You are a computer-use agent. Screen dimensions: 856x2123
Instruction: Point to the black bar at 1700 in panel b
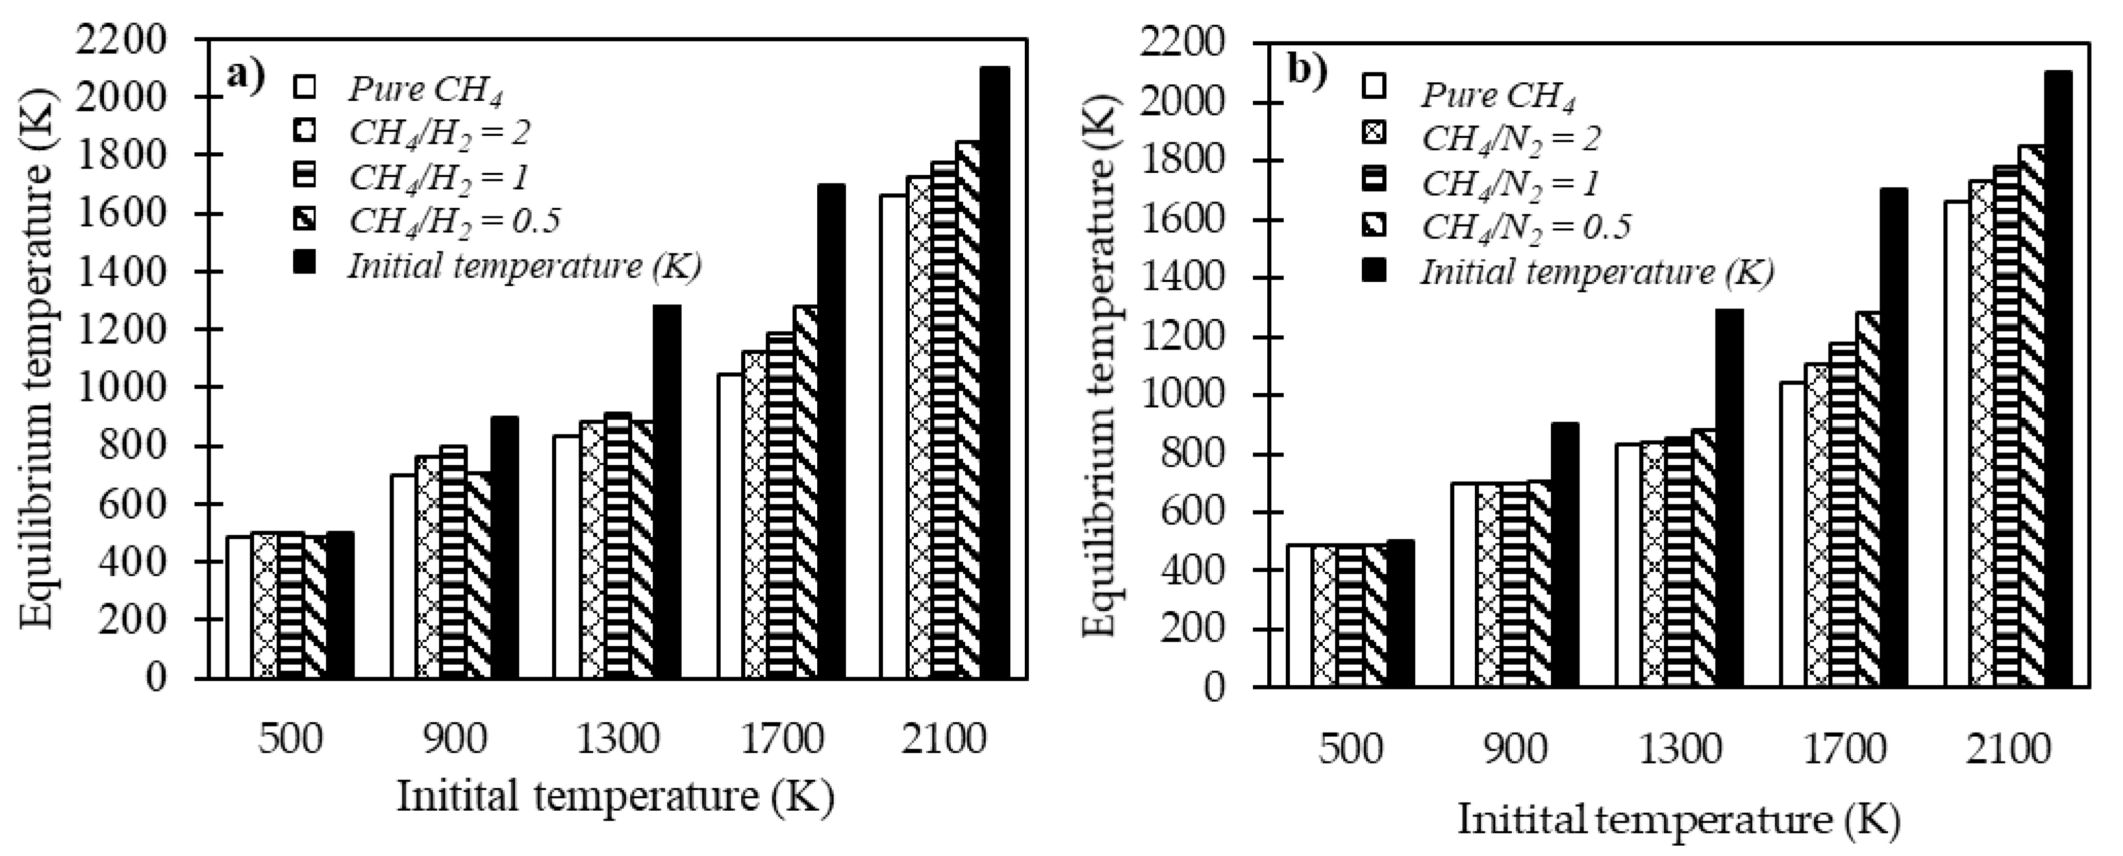1894,437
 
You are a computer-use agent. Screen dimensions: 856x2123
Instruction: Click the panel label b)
1308,72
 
